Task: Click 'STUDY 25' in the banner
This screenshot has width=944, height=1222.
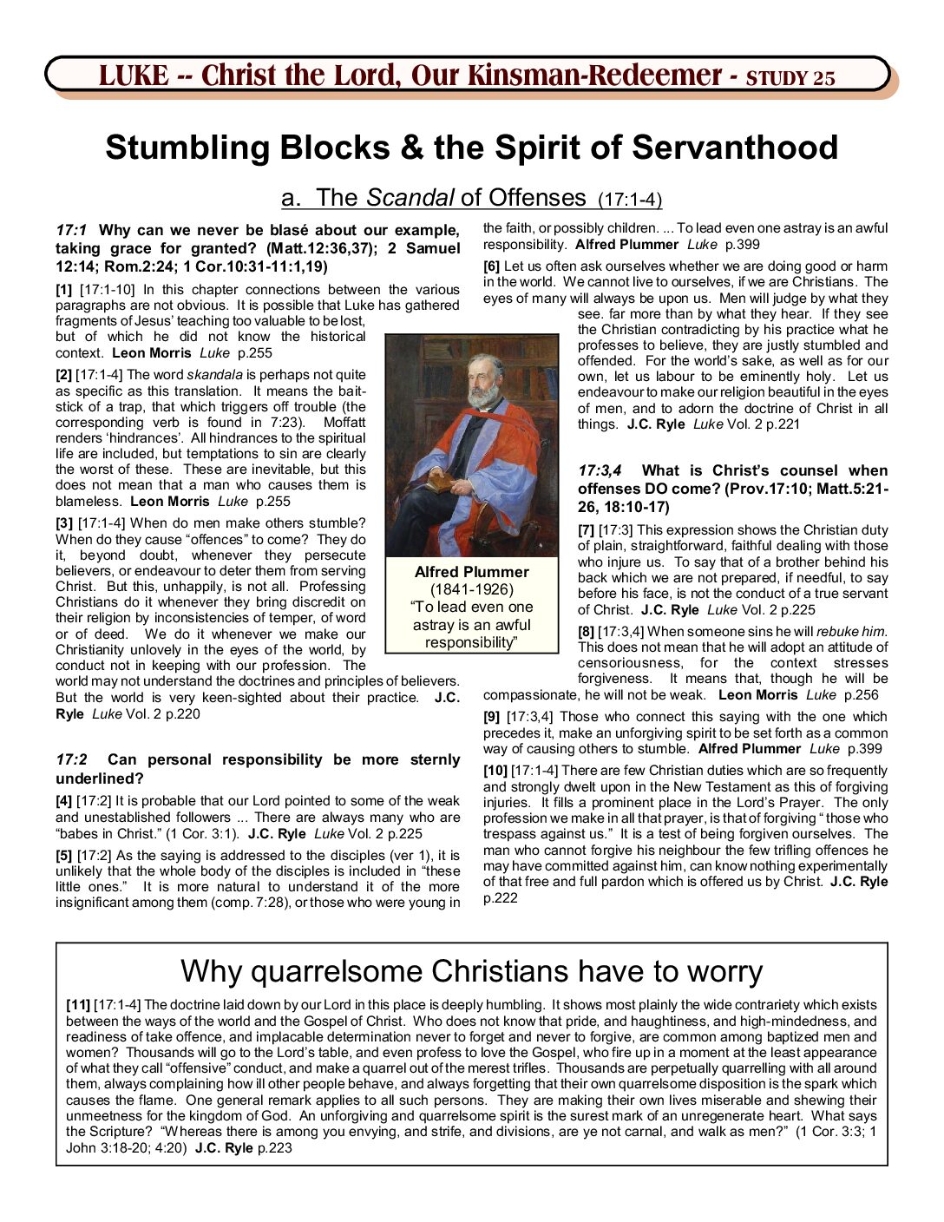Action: click(x=790, y=78)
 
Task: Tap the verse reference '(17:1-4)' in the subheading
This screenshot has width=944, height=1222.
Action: click(x=630, y=200)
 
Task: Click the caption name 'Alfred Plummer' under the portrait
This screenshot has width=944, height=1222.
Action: click(x=471, y=572)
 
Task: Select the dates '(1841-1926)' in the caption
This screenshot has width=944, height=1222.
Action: click(x=471, y=589)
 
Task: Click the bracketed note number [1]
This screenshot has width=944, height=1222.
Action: click(x=64, y=290)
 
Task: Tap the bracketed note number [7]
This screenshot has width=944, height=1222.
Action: click(x=587, y=530)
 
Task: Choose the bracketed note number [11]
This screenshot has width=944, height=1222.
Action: click(x=78, y=1005)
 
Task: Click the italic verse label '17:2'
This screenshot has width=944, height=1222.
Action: click(x=72, y=759)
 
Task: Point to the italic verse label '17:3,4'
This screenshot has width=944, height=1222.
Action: click(x=600, y=470)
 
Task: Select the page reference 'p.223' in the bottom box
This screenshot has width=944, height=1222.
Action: click(x=275, y=1147)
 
